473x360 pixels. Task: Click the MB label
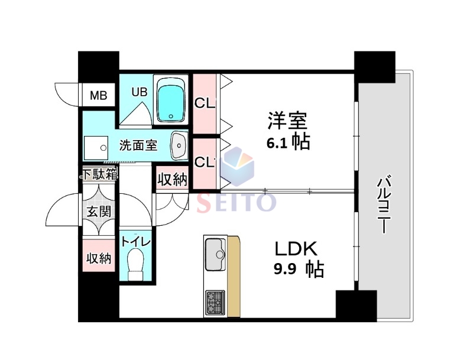[98, 95]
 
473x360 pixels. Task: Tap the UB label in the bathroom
[139, 92]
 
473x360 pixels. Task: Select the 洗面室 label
[138, 145]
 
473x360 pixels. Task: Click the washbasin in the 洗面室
[179, 145]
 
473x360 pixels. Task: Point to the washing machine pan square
[95, 147]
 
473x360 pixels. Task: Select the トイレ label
[135, 242]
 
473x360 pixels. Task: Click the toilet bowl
[135, 264]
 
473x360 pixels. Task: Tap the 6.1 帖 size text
[288, 142]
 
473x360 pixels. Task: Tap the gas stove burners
[214, 303]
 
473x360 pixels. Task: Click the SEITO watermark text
[235, 203]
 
